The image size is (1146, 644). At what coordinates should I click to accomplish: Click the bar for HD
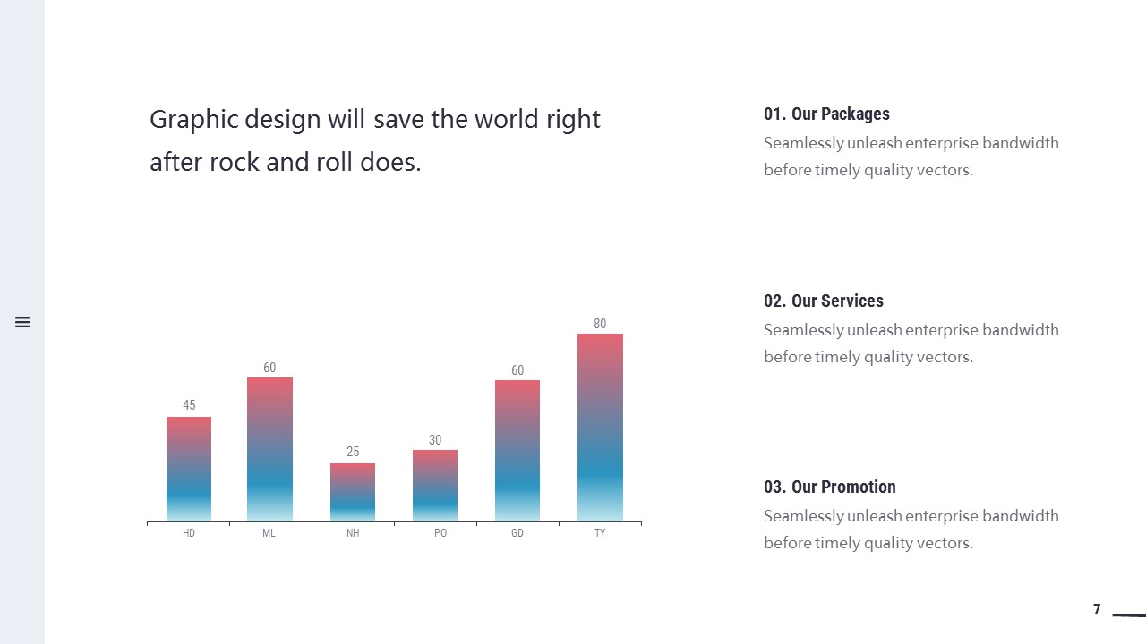point(189,469)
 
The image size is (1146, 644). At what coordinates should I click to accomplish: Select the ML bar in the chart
point(269,449)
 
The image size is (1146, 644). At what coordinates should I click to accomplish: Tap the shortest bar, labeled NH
point(353,492)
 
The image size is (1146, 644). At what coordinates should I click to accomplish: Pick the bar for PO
point(435,486)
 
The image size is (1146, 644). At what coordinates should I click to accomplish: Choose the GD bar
point(517,451)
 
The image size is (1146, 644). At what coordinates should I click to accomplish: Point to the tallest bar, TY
point(600,428)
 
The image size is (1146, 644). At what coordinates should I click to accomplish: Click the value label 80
point(600,324)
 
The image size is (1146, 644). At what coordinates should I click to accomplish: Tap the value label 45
point(189,405)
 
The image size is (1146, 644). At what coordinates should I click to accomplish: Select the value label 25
point(353,452)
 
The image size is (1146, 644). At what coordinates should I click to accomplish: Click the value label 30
point(435,440)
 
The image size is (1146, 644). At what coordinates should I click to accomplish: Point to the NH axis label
point(353,533)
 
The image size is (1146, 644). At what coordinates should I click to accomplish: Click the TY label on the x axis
point(600,533)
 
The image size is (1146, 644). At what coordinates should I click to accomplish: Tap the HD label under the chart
point(189,533)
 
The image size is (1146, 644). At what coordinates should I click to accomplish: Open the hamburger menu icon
point(22,322)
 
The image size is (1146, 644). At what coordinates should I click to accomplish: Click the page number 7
point(1097,610)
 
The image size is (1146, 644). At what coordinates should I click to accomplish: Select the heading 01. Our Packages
point(826,114)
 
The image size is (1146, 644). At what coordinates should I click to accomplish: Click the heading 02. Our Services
point(823,301)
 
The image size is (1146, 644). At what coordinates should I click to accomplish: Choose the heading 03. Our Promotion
point(829,487)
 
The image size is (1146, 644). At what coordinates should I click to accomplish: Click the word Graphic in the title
point(183,120)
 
